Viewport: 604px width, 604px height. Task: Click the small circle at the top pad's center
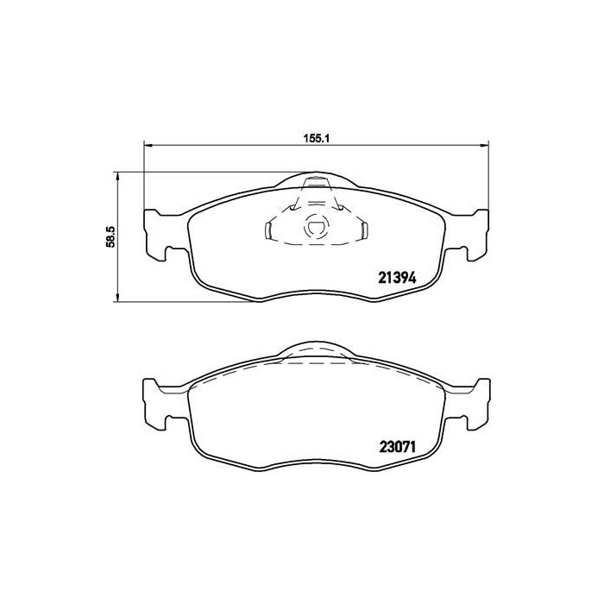[x=316, y=230]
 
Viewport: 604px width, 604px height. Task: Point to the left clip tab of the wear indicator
[x=267, y=230]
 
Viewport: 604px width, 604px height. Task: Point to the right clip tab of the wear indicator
[x=364, y=230]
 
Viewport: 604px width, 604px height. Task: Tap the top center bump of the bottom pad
[x=316, y=349]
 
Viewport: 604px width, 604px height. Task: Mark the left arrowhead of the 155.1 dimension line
[x=147, y=145]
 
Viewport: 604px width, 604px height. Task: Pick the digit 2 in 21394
[x=383, y=279]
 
